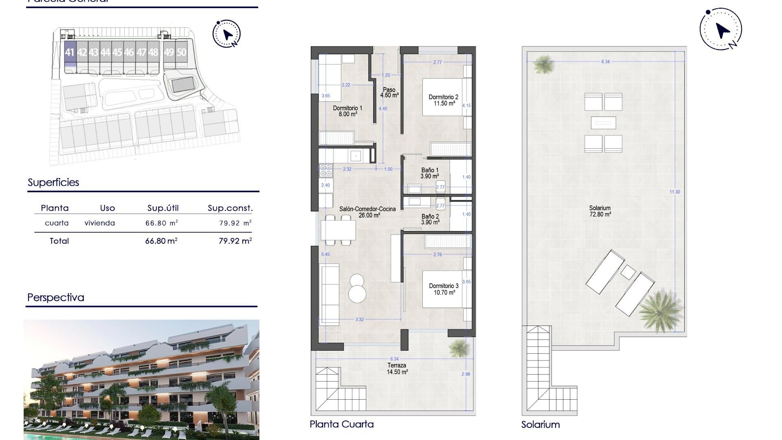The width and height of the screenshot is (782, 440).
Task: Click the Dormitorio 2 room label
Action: click(x=444, y=100)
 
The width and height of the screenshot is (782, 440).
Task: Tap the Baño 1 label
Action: click(x=430, y=173)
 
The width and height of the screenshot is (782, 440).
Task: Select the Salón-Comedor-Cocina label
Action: click(x=367, y=212)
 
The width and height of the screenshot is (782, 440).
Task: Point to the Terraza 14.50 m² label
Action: click(x=397, y=369)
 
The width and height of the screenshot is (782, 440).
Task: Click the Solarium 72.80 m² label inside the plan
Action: click(x=600, y=211)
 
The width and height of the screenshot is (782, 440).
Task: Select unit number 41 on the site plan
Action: click(x=70, y=53)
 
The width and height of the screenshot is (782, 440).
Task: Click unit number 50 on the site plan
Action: click(x=181, y=53)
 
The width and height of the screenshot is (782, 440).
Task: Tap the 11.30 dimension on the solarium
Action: click(x=674, y=192)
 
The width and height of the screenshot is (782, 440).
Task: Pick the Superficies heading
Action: click(x=53, y=183)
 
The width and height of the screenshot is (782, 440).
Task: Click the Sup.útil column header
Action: click(x=163, y=208)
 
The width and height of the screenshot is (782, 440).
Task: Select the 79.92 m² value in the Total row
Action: click(x=235, y=241)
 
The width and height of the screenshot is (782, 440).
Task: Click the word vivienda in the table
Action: click(x=100, y=223)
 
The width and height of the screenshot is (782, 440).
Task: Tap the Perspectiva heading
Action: click(x=56, y=297)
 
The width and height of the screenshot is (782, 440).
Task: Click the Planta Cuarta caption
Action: click(x=341, y=424)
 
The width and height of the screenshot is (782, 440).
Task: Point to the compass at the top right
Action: click(x=721, y=29)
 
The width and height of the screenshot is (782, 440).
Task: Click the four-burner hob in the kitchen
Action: click(x=326, y=171)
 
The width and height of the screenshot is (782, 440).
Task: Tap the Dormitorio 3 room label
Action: click(x=444, y=289)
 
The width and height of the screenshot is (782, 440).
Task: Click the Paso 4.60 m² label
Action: click(x=389, y=92)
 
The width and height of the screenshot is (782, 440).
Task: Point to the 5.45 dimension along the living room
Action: click(x=325, y=254)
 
